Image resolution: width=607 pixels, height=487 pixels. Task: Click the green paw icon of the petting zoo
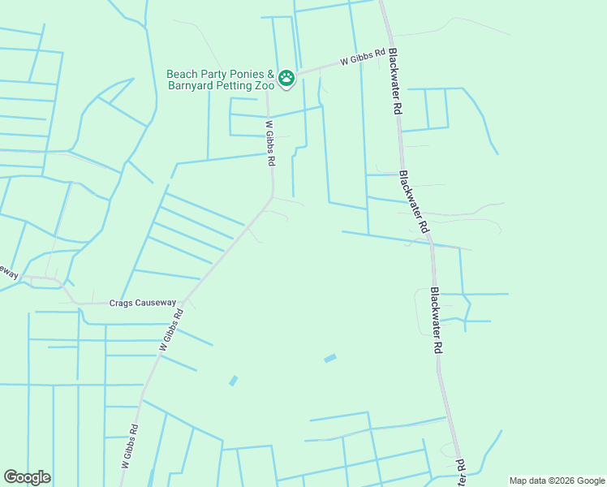286,79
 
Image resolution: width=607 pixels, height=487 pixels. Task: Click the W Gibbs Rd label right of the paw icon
362,61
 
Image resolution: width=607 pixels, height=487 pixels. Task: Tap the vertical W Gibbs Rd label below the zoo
269,144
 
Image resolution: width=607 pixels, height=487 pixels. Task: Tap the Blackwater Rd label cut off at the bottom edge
460,472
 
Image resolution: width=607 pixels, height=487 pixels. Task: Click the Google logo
27,477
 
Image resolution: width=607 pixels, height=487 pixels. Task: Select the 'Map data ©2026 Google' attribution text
557,481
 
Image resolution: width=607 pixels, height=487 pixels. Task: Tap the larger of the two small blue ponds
330,358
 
